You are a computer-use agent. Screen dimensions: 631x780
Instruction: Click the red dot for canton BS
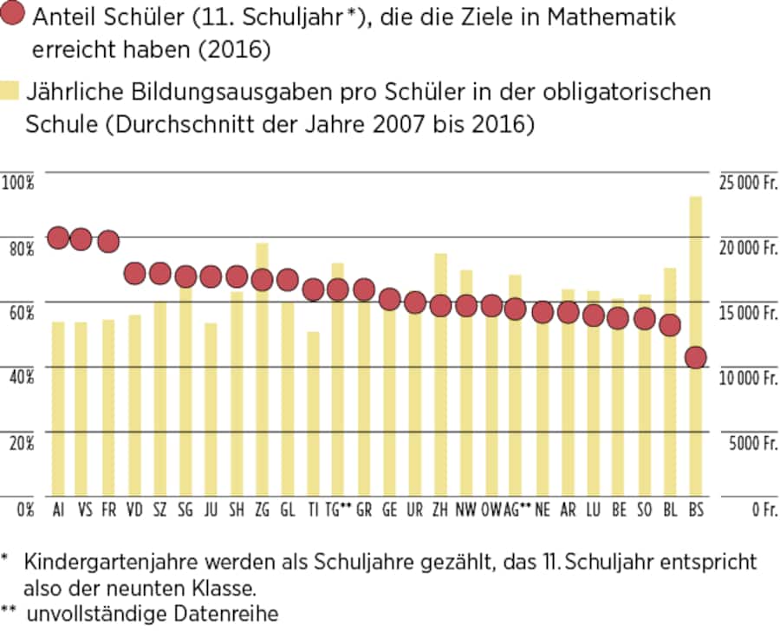pos(695,357)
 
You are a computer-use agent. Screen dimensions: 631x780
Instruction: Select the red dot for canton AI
pos(58,237)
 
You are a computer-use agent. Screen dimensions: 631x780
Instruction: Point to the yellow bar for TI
pos(313,416)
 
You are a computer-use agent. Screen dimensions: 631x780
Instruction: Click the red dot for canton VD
pos(134,274)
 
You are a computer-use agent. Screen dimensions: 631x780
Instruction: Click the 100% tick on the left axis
pos(17,182)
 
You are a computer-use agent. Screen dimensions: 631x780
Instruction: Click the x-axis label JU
pos(211,509)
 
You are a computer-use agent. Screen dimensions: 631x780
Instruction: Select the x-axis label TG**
pos(339,509)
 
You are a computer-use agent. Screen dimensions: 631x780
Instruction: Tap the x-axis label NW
pos(465,509)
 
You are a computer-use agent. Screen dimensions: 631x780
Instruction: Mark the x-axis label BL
pos(670,509)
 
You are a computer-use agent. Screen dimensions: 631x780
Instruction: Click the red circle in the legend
pos(15,18)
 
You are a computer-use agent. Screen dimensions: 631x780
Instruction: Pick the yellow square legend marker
pos(11,90)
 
